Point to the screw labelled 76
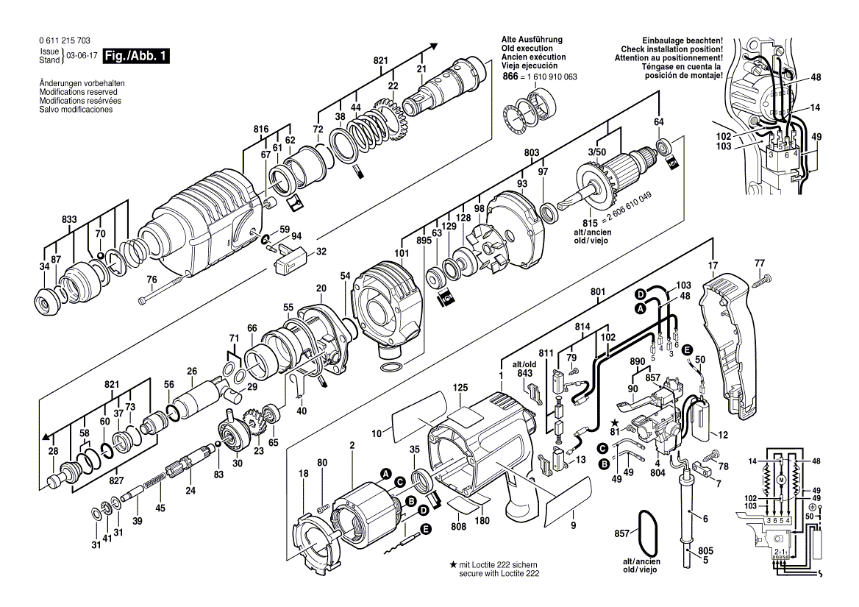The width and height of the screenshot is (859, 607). coord(166,291)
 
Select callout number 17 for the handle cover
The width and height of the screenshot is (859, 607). coord(713,265)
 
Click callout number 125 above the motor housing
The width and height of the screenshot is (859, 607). coord(460,387)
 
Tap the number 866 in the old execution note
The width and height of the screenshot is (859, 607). coord(510,77)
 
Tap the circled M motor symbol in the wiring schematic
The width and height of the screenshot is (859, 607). coord(781,480)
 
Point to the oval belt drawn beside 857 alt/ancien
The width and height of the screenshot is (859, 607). coord(648,530)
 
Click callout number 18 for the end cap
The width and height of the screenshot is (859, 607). coord(304,474)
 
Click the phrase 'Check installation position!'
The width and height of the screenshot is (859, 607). coord(671,49)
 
